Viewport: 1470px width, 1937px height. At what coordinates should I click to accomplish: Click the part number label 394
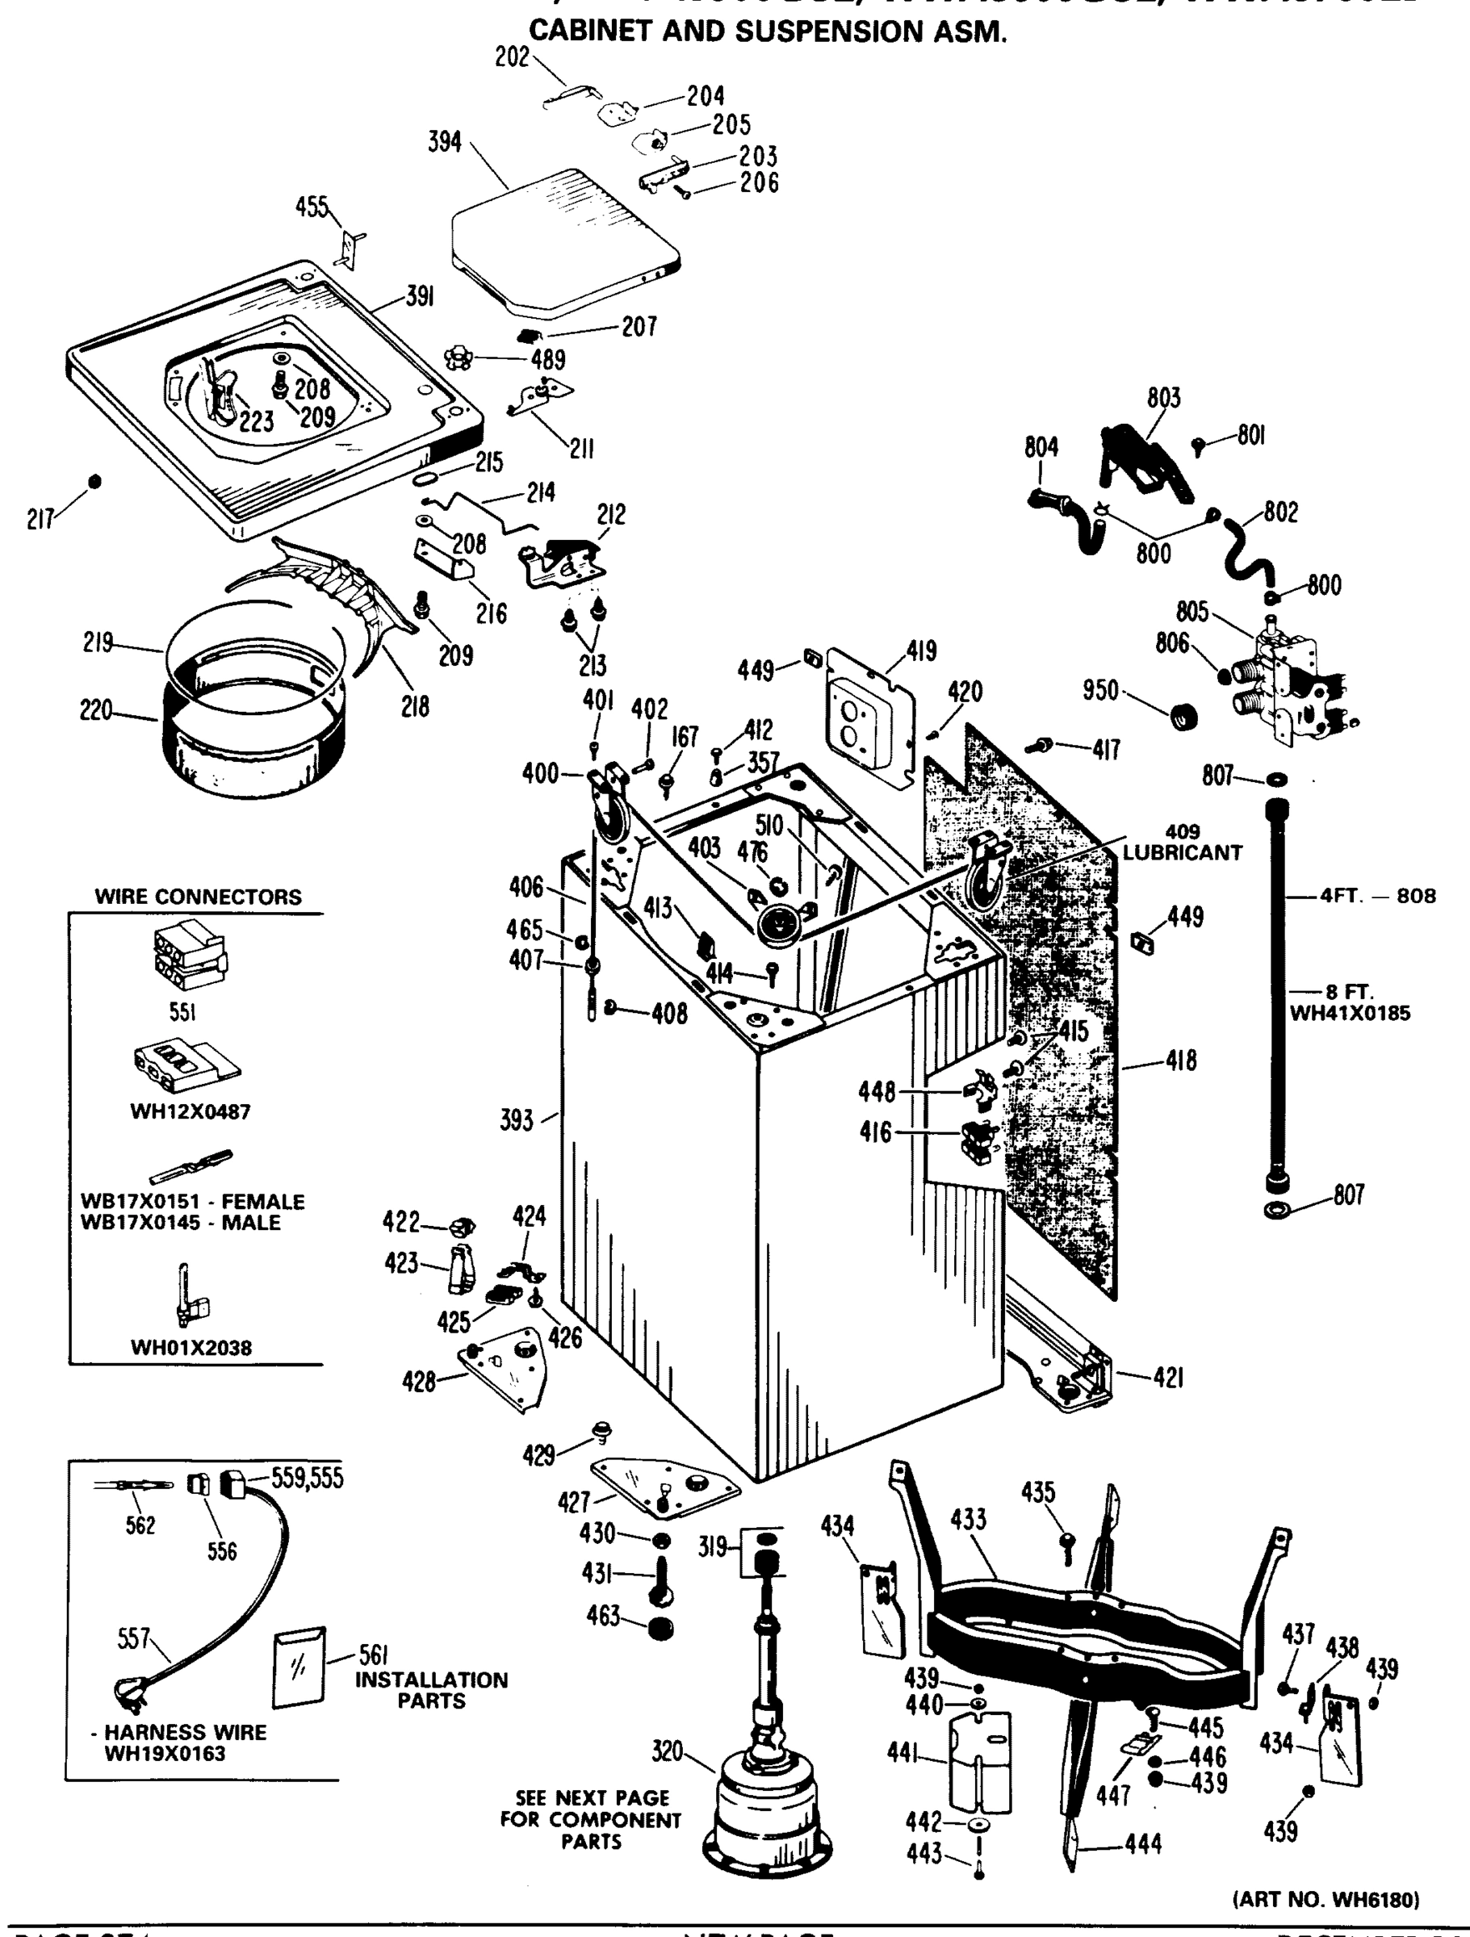pyautogui.click(x=444, y=141)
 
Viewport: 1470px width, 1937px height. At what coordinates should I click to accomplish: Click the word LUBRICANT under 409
pyautogui.click(x=1182, y=852)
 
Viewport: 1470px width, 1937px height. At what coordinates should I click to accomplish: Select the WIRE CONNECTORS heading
pyautogui.click(x=198, y=897)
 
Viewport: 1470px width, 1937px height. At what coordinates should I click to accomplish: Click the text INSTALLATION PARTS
pyautogui.click(x=431, y=1690)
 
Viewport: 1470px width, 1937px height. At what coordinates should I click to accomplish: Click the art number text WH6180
pyautogui.click(x=1326, y=1899)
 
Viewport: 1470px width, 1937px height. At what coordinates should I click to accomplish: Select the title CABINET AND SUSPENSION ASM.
pyautogui.click(x=768, y=31)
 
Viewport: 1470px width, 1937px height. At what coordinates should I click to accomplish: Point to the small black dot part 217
pyautogui.click(x=95, y=481)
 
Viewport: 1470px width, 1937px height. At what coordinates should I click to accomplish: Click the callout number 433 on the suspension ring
pyautogui.click(x=968, y=1519)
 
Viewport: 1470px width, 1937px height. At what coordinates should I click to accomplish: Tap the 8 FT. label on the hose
pyautogui.click(x=1349, y=992)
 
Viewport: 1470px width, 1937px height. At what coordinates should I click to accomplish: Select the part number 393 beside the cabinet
pyautogui.click(x=516, y=1120)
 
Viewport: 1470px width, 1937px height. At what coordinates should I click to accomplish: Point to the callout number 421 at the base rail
pyautogui.click(x=1168, y=1378)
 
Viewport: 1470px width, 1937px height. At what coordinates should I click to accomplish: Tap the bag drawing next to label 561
pyautogui.click(x=298, y=1667)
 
